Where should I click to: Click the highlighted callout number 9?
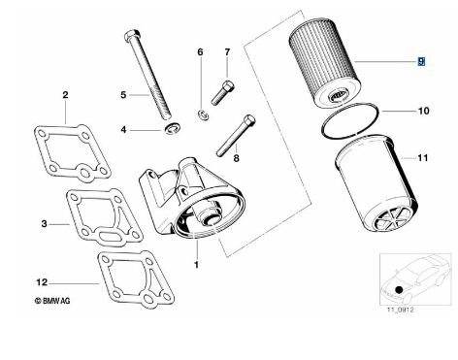421,61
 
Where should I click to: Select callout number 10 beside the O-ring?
424,111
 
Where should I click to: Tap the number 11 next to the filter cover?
423,158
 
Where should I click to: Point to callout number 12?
42,282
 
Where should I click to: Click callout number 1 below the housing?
196,265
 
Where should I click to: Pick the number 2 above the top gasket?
65,95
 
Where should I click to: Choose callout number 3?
44,223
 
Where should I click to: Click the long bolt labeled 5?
149,75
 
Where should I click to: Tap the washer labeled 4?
172,128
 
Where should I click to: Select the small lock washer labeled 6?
204,115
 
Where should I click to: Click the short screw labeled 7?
223,93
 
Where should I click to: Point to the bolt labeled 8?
236,136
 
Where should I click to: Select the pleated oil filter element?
325,63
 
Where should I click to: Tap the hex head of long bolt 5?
132,35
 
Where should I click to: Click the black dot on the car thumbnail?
400,289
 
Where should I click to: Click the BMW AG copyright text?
52,301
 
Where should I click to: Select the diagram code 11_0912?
401,310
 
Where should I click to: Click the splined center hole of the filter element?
337,96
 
